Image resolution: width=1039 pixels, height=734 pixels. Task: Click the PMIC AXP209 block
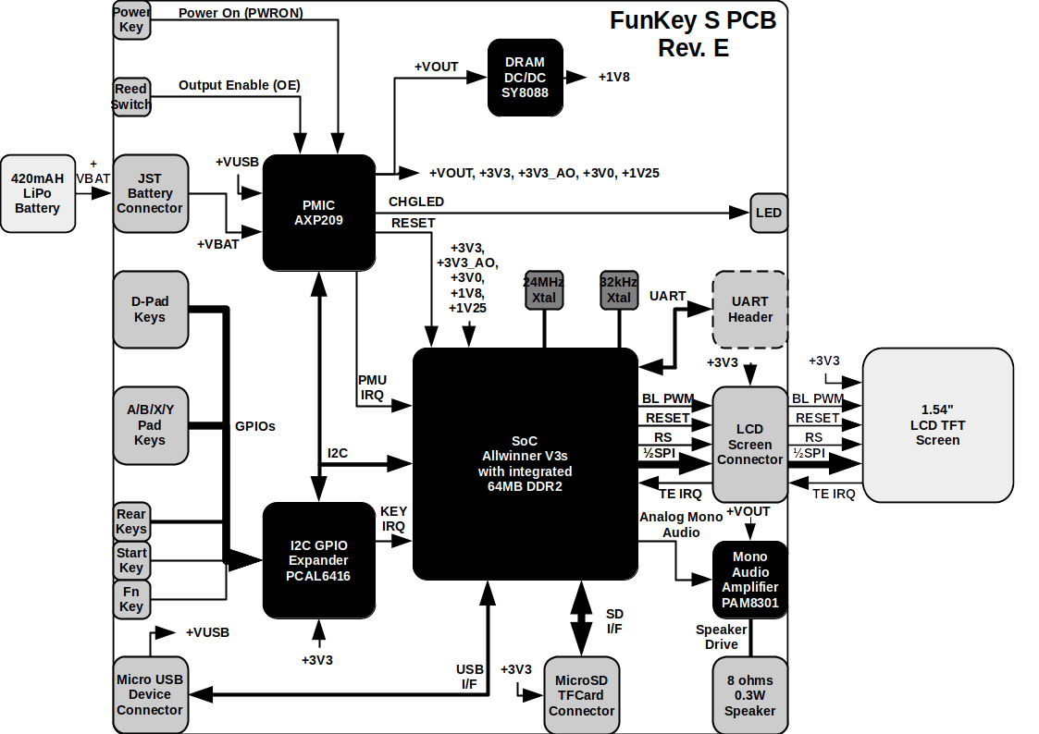tap(318, 213)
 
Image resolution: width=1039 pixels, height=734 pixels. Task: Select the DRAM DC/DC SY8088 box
tap(526, 78)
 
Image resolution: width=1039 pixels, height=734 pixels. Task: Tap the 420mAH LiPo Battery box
tap(38, 193)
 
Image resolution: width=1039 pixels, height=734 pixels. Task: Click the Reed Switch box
tap(131, 96)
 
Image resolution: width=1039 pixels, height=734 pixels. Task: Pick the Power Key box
tap(131, 19)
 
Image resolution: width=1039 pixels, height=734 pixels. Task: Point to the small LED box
tap(768, 213)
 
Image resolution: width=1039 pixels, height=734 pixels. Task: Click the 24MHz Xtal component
tap(544, 289)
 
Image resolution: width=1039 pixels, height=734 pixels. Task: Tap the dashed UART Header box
tap(749, 309)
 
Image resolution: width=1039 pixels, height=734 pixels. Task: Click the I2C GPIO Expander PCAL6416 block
tap(318, 560)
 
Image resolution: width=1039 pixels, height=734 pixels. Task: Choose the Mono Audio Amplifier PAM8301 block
tap(749, 580)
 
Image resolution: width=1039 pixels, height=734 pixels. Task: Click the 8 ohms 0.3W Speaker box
tap(749, 694)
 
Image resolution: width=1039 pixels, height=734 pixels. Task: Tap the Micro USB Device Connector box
tap(150, 695)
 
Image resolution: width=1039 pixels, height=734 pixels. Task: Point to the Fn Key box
tap(131, 598)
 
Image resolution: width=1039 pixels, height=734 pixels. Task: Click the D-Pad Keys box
tap(150, 309)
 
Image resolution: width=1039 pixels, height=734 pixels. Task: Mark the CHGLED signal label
tap(416, 202)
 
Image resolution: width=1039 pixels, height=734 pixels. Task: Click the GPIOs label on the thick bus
tap(255, 426)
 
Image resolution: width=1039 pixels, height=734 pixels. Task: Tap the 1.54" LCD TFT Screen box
tap(937, 425)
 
